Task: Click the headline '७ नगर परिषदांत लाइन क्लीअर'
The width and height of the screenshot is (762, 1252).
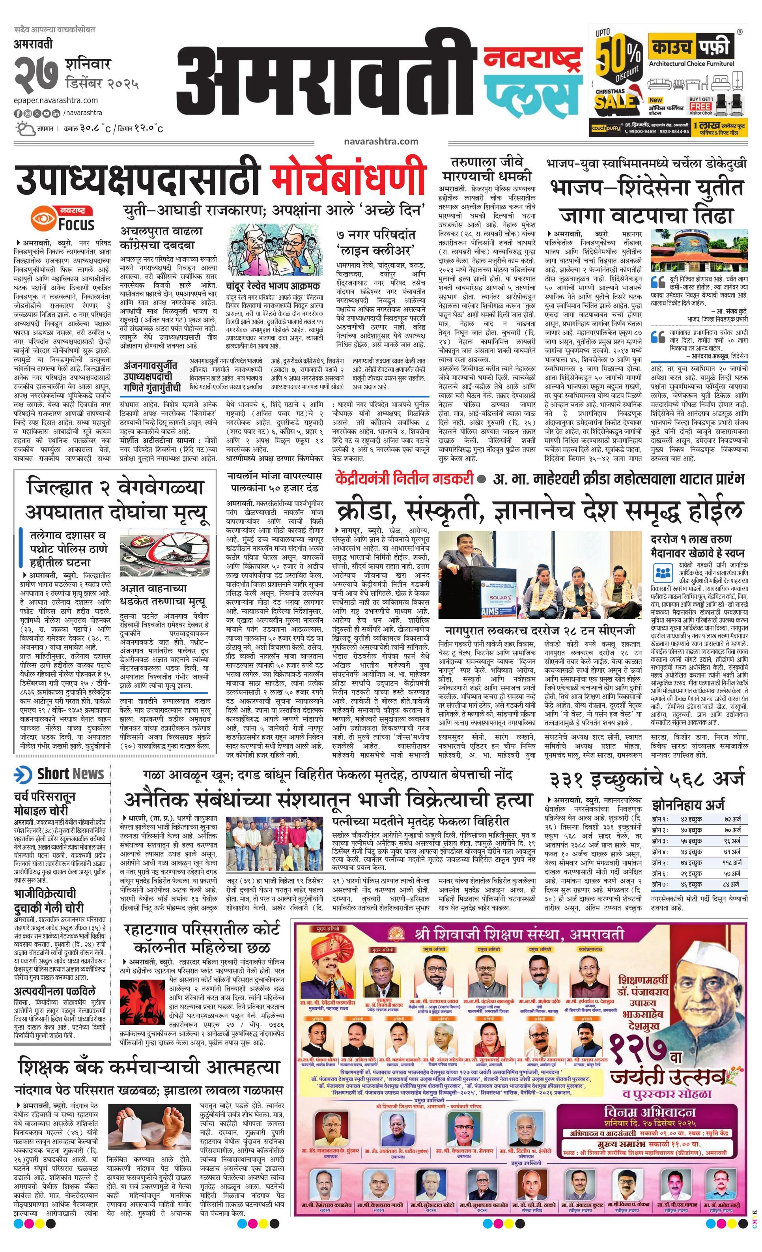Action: point(375,243)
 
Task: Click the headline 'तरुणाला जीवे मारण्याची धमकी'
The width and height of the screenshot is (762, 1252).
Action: point(487,169)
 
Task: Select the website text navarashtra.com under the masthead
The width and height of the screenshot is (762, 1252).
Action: point(381,142)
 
